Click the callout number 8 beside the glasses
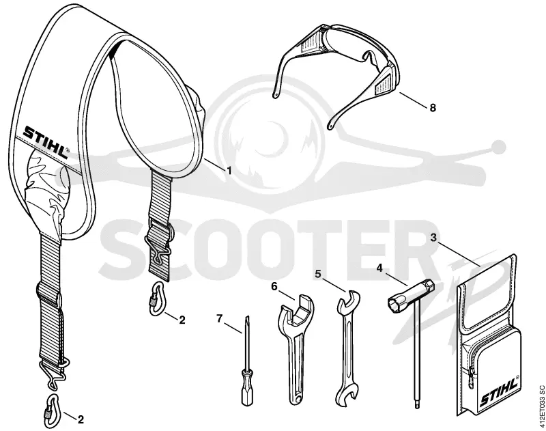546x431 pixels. click(x=433, y=108)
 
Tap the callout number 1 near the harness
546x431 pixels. click(x=229, y=170)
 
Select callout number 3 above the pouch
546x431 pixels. click(x=433, y=238)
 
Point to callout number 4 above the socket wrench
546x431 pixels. click(x=379, y=268)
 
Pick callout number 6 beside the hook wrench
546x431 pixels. click(x=274, y=286)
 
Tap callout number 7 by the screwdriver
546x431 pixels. click(x=219, y=318)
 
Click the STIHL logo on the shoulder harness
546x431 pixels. click(x=46, y=143)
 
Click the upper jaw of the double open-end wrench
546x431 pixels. click(x=347, y=299)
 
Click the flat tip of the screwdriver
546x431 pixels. click(x=248, y=318)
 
